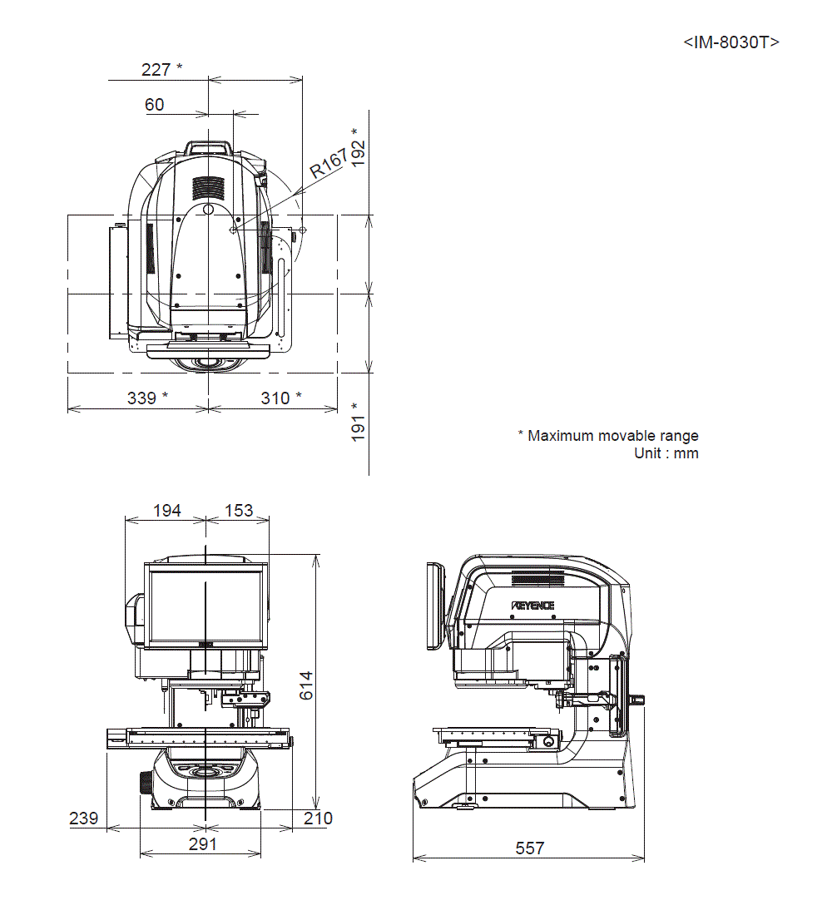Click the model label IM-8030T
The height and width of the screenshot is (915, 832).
pyautogui.click(x=731, y=43)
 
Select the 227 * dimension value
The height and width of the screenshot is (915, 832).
pyautogui.click(x=161, y=69)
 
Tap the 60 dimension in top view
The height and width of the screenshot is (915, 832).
pyautogui.click(x=155, y=104)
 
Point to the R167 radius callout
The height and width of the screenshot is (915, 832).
pyautogui.click(x=329, y=164)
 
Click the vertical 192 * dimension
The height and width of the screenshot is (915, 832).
pyautogui.click(x=359, y=147)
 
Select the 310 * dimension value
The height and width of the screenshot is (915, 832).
pyautogui.click(x=281, y=398)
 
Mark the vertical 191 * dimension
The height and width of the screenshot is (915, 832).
pyautogui.click(x=359, y=422)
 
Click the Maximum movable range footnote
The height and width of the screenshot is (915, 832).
pyautogui.click(x=608, y=436)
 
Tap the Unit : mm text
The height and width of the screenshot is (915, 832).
pyautogui.click(x=666, y=453)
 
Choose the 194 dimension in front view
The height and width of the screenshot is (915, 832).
pyautogui.click(x=167, y=510)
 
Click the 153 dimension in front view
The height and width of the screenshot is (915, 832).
pyautogui.click(x=239, y=510)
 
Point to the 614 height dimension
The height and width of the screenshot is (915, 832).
pyautogui.click(x=306, y=684)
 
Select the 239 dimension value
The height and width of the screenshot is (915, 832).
pyautogui.click(x=83, y=818)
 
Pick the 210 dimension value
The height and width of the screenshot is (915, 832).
pyautogui.click(x=318, y=818)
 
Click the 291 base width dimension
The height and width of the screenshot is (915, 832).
pyautogui.click(x=202, y=843)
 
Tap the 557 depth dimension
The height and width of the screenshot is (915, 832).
pyautogui.click(x=530, y=848)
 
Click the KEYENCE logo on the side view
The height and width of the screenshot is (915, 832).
pyautogui.click(x=533, y=606)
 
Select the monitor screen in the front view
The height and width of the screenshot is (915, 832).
pyautogui.click(x=205, y=605)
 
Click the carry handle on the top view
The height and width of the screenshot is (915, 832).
pyautogui.click(x=208, y=147)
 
